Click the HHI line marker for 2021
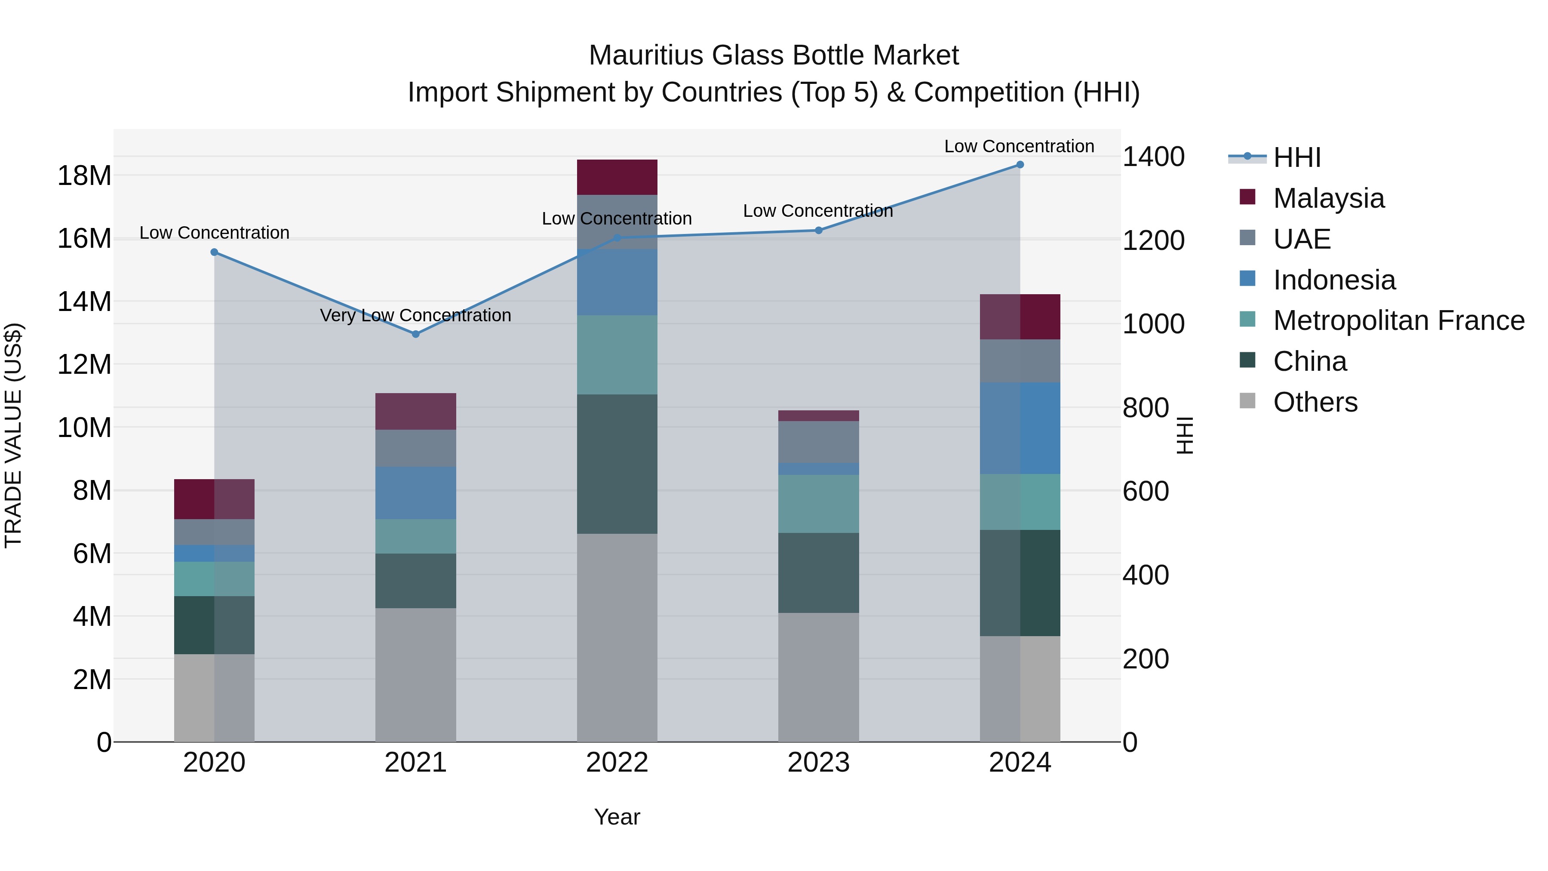tap(415, 334)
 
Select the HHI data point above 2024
tap(1020, 164)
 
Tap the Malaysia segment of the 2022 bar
tap(617, 177)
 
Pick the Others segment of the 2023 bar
tap(818, 677)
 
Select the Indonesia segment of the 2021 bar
tap(415, 492)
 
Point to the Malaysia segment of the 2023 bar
tap(818, 415)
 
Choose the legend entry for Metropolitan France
tap(1398, 320)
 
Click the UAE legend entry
tap(1302, 239)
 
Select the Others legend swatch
tap(1247, 401)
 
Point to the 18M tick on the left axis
tap(84, 175)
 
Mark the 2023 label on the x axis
tap(818, 763)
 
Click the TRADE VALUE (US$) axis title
tap(13, 435)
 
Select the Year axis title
tap(617, 817)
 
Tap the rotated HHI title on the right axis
tap(1185, 435)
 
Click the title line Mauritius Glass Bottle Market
tap(774, 55)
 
